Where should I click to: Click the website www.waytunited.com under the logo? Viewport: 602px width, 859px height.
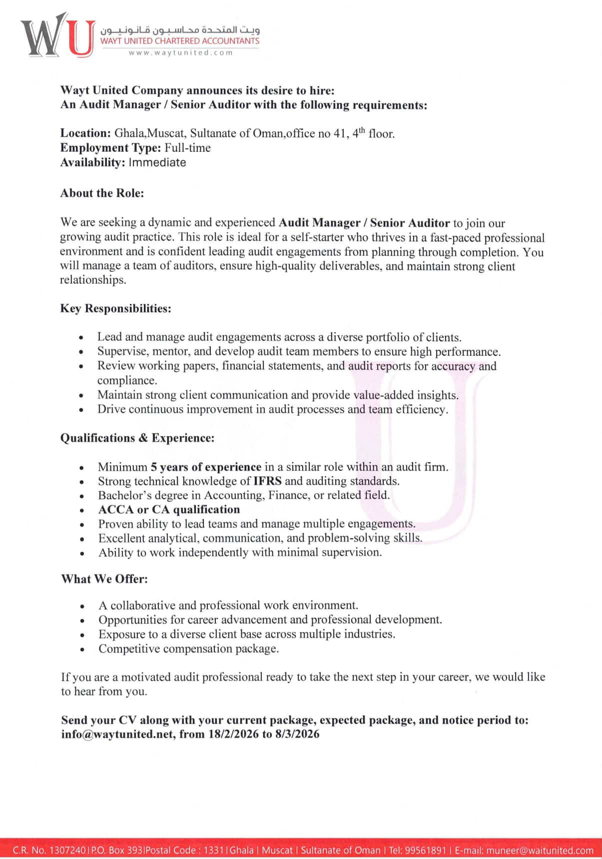tap(181, 53)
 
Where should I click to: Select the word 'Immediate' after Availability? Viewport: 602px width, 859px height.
tap(157, 162)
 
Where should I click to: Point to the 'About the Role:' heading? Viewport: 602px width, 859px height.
tap(102, 193)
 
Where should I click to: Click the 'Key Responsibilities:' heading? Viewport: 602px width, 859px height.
tap(115, 308)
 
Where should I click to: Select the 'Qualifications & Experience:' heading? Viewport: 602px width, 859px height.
tap(137, 438)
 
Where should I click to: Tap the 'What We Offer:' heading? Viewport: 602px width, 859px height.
tap(104, 579)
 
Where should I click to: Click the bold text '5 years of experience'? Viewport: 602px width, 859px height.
tap(206, 467)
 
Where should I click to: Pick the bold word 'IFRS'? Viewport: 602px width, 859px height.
tap(267, 481)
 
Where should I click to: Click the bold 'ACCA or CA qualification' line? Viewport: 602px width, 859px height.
tap(169, 510)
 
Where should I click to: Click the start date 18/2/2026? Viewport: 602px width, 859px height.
tap(233, 735)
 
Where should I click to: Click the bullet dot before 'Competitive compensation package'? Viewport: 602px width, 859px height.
tap(82, 650)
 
